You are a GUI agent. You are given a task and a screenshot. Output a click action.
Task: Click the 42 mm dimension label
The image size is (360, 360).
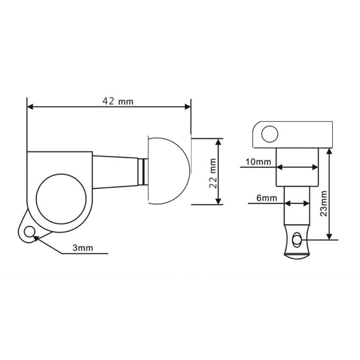pos(118,101)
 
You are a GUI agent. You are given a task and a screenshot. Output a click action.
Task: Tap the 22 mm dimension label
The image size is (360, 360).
pos(213,173)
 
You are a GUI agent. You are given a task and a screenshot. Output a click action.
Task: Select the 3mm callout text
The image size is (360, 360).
pos(83,248)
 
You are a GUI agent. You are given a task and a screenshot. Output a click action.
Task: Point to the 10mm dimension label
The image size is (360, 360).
pos(258,162)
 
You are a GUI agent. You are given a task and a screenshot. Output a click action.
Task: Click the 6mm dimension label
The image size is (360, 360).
pos(266,198)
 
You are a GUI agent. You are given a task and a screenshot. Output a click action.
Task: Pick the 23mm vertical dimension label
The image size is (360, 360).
pos(324,204)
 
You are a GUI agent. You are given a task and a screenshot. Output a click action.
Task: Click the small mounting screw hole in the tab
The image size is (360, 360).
pos(29,232)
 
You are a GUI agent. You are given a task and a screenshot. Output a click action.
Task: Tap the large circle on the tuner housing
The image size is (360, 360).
pos(61,199)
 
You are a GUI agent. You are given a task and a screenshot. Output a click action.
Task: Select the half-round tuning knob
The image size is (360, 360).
pos(169,171)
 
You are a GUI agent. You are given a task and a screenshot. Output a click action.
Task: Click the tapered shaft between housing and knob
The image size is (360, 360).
pos(115,172)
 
